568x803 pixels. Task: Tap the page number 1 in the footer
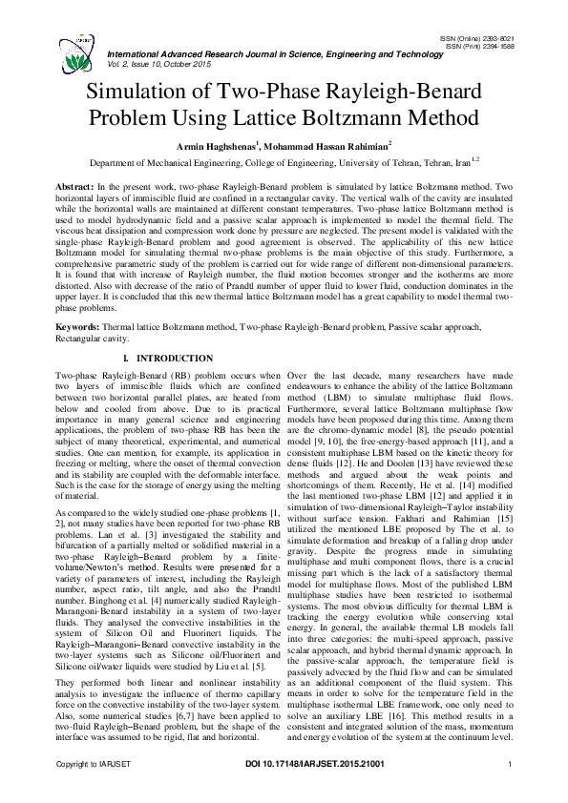click(512, 791)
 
